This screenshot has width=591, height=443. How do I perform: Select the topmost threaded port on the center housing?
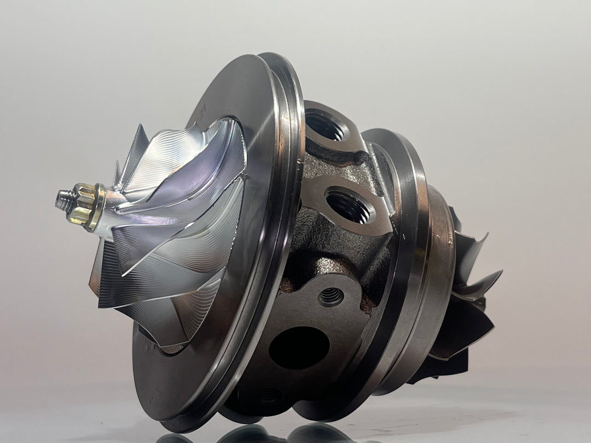pyautogui.click(x=326, y=125)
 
